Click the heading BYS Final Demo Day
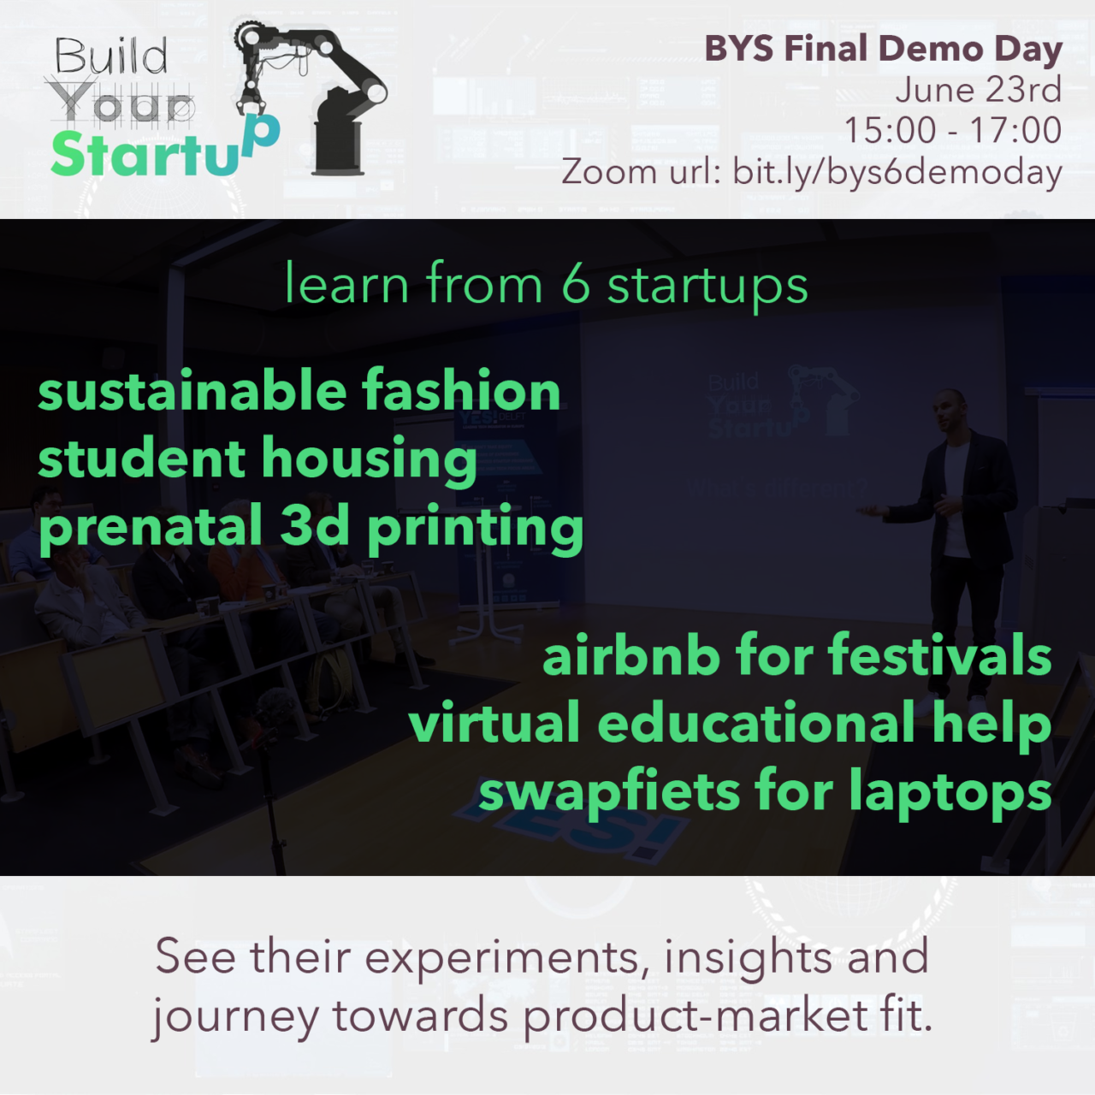pos(883,49)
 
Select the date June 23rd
pos(979,90)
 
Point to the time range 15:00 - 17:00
pos(953,130)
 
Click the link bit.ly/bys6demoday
pos(897,173)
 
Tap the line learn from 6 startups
pos(546,285)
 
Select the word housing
pos(369,460)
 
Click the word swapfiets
pos(609,792)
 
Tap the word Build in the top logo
pos(111,56)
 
